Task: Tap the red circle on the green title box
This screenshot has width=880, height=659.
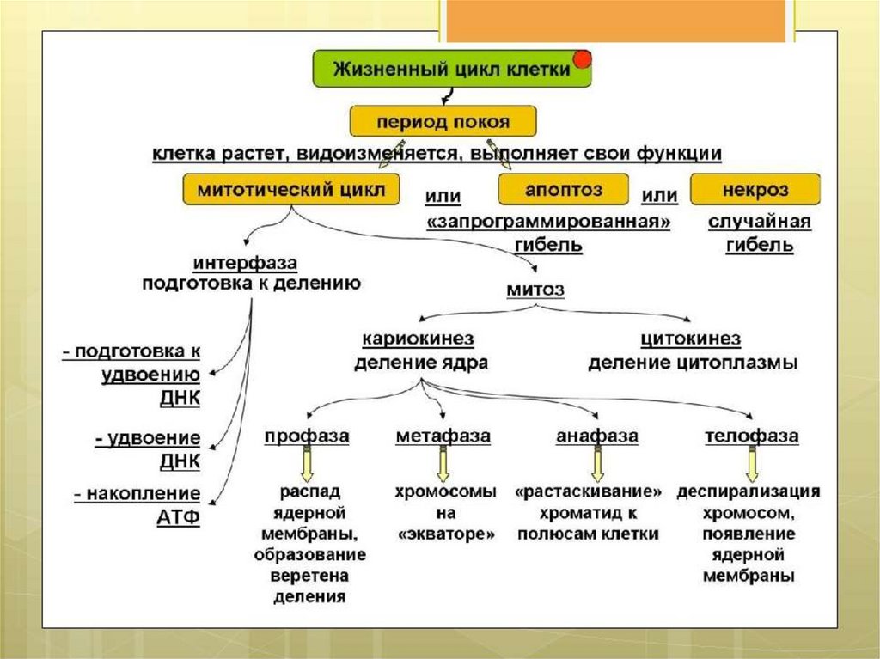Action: pyautogui.click(x=583, y=58)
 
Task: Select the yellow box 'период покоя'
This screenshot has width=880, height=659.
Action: pyautogui.click(x=443, y=121)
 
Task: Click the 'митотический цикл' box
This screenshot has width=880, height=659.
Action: pyautogui.click(x=291, y=188)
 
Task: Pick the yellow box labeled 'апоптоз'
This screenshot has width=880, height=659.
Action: pyautogui.click(x=564, y=188)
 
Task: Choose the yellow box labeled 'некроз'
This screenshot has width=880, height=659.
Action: pyautogui.click(x=755, y=188)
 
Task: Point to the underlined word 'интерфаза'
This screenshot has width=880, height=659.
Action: pyautogui.click(x=245, y=262)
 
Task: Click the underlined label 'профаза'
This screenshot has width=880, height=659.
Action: pyautogui.click(x=307, y=436)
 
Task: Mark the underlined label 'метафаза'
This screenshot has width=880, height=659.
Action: pyautogui.click(x=443, y=436)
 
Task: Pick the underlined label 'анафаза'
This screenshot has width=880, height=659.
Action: pyautogui.click(x=597, y=436)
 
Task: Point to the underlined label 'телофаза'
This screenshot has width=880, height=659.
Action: pyautogui.click(x=752, y=436)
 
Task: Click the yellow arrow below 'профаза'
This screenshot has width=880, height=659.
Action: pyautogui.click(x=307, y=465)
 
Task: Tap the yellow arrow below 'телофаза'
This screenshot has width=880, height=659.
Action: pyautogui.click(x=752, y=465)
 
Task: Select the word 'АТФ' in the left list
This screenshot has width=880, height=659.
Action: pyautogui.click(x=179, y=518)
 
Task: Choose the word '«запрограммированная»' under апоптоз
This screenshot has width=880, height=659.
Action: pyautogui.click(x=548, y=223)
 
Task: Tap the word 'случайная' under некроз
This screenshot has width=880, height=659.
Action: pyautogui.click(x=760, y=223)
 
